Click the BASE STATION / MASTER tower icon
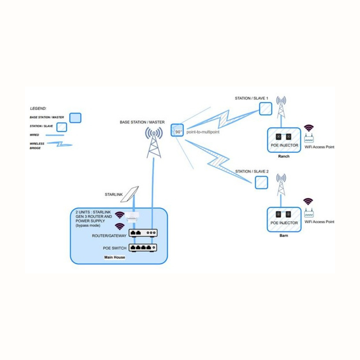pyautogui.click(x=154, y=143)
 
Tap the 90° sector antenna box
pyautogui.click(x=177, y=130)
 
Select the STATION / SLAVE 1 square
pyautogui.click(x=266, y=109)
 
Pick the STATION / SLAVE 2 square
pyautogui.click(x=261, y=182)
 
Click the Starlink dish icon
pyautogui.click(x=130, y=194)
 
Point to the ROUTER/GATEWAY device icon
pyautogui.click(x=143, y=233)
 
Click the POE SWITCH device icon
pyautogui.click(x=143, y=248)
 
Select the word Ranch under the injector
pyautogui.click(x=284, y=157)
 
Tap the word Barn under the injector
pyautogui.click(x=284, y=235)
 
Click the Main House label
pyautogui.click(x=114, y=257)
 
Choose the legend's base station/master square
pyautogui.click(x=75, y=118)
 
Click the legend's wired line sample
pyautogui.click(x=55, y=135)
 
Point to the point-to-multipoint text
pyautogui.click(x=203, y=132)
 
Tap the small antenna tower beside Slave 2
pyautogui.click(x=281, y=185)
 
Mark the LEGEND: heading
pyautogui.click(x=38, y=108)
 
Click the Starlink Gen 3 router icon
pyautogui.click(x=132, y=217)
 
